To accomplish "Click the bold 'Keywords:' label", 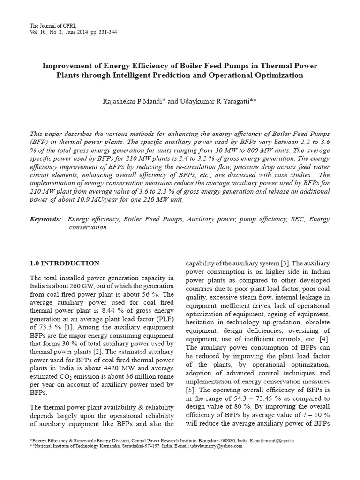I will [x=45, y=219].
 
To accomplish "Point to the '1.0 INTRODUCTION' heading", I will [x=64, y=263].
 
